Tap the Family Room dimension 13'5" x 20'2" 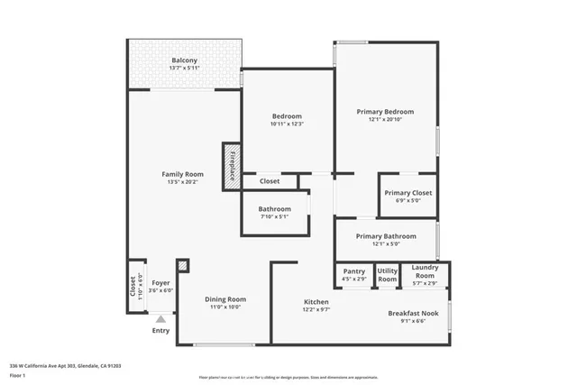click(182, 182)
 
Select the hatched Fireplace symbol click(231, 164)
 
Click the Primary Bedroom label click(385, 112)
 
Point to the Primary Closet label click(408, 193)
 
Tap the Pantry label click(353, 270)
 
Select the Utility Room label click(388, 275)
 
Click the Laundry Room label click(425, 270)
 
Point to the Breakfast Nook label click(413, 313)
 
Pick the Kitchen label click(316, 301)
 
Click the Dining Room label click(225, 299)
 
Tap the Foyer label click(160, 283)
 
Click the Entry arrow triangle click(160, 318)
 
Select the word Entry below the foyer click(160, 330)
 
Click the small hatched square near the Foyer click(183, 266)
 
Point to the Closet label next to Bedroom click(270, 181)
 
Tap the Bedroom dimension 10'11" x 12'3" click(287, 124)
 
